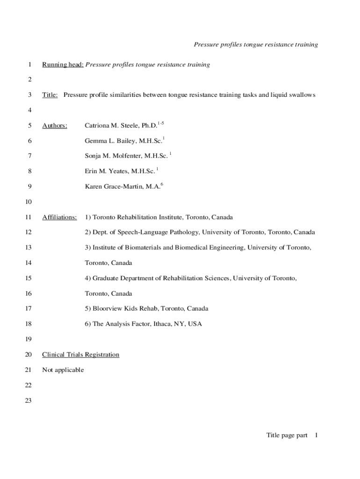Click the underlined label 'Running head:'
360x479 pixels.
63,65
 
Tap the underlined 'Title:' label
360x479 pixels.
50,95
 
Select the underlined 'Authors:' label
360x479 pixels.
55,125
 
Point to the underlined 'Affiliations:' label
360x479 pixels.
59,217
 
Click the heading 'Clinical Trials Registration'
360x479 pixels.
80,355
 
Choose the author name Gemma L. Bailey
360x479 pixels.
110,141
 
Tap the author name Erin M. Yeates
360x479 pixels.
106,171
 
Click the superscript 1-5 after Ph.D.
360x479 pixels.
160,123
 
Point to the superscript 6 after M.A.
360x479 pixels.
161,184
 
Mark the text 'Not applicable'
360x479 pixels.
63,370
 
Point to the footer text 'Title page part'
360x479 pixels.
287,435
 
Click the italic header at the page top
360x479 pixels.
256,44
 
